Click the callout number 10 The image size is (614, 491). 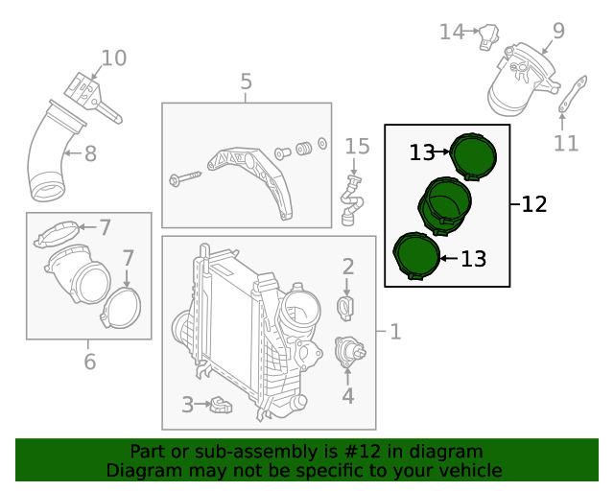tap(114, 58)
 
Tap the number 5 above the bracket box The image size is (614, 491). tap(246, 82)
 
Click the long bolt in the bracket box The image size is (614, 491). tap(184, 177)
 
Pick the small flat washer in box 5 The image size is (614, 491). tap(322, 144)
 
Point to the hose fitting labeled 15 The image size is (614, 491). tap(352, 201)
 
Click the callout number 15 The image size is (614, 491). tap(357, 147)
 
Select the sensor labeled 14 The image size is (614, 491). tap(489, 36)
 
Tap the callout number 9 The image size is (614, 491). tap(558, 31)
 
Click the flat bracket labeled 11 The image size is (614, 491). tap(573, 94)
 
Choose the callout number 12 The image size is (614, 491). tap(534, 204)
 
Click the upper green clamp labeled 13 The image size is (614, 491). tap(473, 156)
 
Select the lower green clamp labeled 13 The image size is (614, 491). tap(416, 256)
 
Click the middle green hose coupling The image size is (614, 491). tap(445, 206)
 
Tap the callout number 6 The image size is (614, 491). tap(89, 361)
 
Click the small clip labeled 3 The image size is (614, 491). tap(221, 406)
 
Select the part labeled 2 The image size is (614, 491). tap(345, 308)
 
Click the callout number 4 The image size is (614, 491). tap(347, 395)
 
